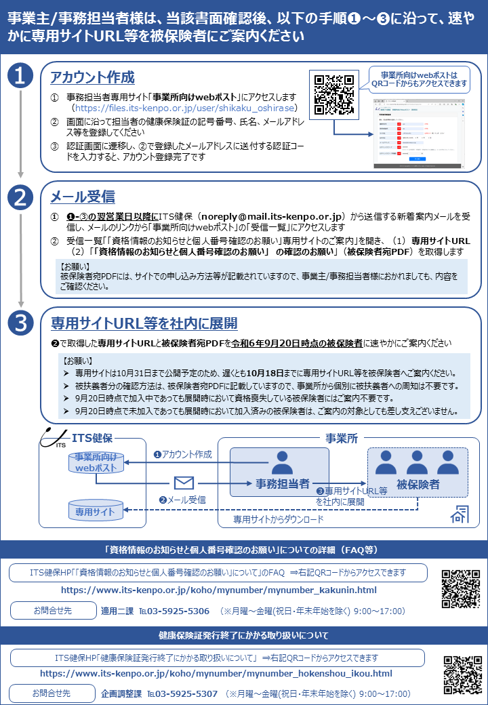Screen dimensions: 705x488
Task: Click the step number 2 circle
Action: point(20,197)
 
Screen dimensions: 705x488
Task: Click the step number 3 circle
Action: point(20,323)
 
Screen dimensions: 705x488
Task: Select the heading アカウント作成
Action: point(92,78)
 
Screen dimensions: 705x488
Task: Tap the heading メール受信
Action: point(83,198)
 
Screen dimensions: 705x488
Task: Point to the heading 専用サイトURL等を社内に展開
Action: point(144,323)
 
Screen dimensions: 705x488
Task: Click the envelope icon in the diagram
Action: point(184,483)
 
